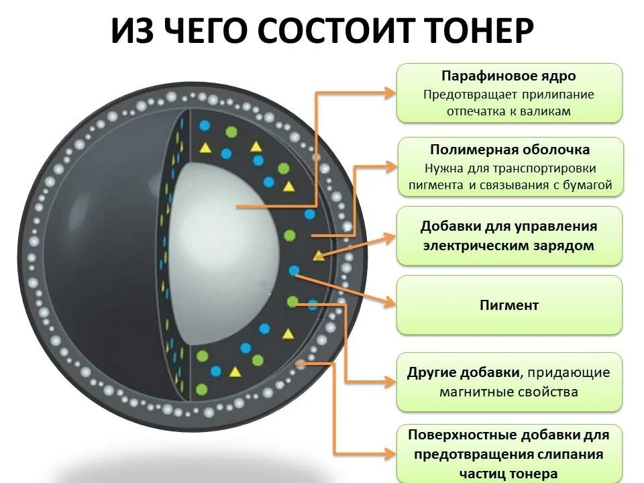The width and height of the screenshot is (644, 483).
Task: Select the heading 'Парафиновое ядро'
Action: coord(508,76)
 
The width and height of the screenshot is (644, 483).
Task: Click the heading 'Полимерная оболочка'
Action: coord(510,150)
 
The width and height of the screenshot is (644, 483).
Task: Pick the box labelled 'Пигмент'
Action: coord(509,305)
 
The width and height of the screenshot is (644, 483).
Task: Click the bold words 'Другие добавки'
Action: coord(464,372)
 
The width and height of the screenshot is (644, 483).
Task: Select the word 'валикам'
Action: coord(545,111)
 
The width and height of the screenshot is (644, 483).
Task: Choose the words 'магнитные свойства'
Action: coord(508,392)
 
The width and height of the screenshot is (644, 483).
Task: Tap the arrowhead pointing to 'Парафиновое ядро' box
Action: coord(390,93)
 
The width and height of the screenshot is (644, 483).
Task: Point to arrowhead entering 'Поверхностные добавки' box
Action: coord(390,454)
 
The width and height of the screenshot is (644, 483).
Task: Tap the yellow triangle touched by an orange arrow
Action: coord(319,255)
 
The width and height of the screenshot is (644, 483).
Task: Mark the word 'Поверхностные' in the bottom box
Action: coord(455,435)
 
